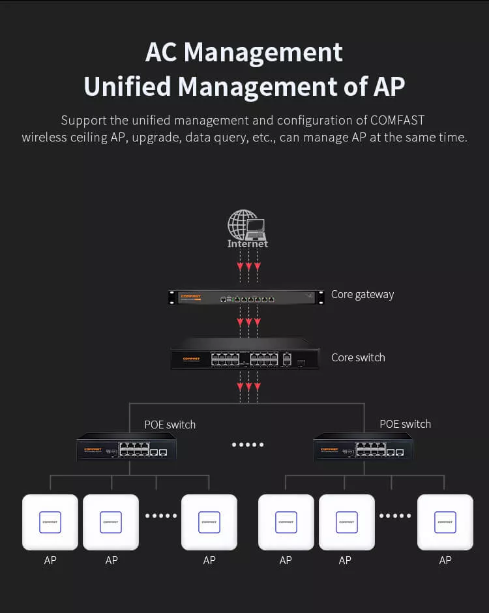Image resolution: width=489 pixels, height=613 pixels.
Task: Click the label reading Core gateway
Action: (x=363, y=294)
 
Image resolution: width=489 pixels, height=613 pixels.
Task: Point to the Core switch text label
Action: (x=358, y=357)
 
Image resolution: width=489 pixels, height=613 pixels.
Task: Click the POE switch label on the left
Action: (x=170, y=425)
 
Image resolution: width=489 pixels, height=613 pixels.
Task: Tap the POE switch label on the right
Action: (x=405, y=424)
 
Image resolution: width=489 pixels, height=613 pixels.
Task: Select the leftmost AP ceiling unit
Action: (x=50, y=522)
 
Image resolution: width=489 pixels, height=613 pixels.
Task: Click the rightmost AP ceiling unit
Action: (x=445, y=522)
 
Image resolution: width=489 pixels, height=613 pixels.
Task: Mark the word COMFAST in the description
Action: (x=398, y=121)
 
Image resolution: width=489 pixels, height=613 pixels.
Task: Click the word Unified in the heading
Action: (x=127, y=86)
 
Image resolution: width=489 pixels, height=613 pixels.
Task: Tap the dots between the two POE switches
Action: (x=248, y=445)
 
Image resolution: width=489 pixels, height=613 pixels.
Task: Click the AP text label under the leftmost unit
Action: (x=50, y=560)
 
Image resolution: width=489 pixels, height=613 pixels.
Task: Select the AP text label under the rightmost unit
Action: (x=445, y=560)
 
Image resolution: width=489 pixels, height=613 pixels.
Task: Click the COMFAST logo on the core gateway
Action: (x=190, y=296)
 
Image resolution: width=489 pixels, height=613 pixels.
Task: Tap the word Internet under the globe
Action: (x=248, y=244)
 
